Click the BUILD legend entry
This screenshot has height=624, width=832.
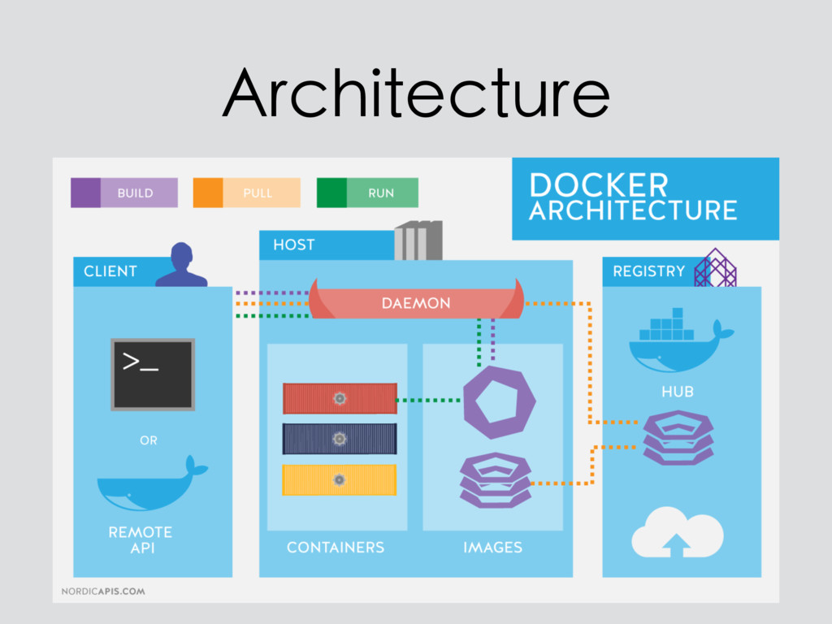[x=124, y=193]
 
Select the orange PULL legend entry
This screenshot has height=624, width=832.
[x=247, y=193]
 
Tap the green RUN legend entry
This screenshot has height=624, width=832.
[x=367, y=193]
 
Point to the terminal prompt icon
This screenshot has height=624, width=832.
[x=153, y=375]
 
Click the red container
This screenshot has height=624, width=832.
[x=340, y=398]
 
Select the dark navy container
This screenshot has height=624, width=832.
[x=340, y=439]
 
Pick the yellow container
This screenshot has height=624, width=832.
[x=340, y=480]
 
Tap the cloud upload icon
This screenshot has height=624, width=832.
[x=677, y=533]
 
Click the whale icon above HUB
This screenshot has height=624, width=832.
[x=679, y=340]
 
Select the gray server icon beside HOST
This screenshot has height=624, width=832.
[x=418, y=240]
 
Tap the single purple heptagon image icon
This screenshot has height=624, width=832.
[x=499, y=403]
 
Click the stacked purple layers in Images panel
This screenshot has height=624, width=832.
[x=495, y=480]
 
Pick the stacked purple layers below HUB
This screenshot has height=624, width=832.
[x=678, y=438]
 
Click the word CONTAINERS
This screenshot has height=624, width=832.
[x=336, y=548]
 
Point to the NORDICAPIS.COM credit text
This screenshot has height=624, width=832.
[x=103, y=591]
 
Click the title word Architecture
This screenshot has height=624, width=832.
[x=416, y=93]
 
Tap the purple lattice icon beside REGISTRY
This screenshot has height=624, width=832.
[x=715, y=267]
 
